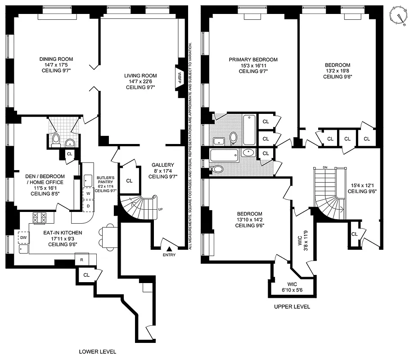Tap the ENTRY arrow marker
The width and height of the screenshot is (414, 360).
coord(169,248)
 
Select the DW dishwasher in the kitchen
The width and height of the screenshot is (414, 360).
coord(22,237)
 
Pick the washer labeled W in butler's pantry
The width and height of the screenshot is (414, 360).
coord(88,193)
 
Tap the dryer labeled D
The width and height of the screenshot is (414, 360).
coord(88,206)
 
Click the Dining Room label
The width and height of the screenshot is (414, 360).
coord(56,65)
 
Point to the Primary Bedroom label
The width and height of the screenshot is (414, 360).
coord(253,65)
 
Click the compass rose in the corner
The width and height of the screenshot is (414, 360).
coord(398,15)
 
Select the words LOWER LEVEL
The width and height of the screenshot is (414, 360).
coord(98,352)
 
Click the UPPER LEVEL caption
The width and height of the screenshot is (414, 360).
coord(292,306)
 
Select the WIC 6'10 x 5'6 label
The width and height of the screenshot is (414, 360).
coord(292,287)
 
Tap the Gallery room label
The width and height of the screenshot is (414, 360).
coord(162,171)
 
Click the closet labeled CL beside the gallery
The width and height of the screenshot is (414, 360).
coord(129,180)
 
